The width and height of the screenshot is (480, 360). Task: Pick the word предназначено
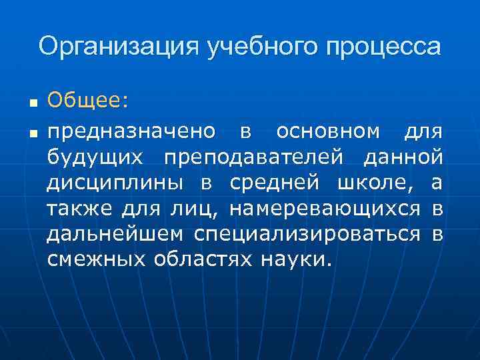pyautogui.click(x=131, y=132)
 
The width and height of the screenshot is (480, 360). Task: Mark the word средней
pyautogui.click(x=280, y=183)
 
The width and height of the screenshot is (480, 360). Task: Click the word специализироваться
pyautogui.click(x=307, y=233)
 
